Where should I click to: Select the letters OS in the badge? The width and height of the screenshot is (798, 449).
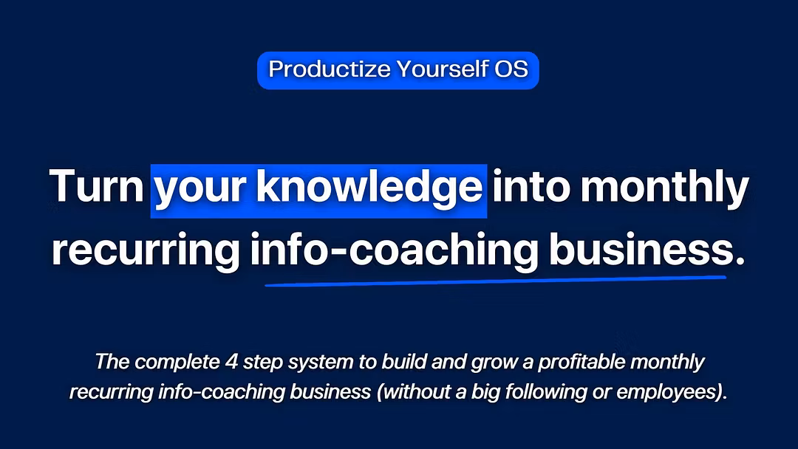pyautogui.click(x=511, y=69)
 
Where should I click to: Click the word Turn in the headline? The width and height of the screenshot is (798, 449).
pyautogui.click(x=97, y=186)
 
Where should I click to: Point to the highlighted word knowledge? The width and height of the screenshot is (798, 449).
pyautogui.click(x=369, y=188)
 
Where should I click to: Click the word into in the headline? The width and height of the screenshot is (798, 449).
pyautogui.click(x=531, y=186)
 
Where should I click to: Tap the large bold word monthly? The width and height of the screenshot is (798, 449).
pyautogui.click(x=665, y=188)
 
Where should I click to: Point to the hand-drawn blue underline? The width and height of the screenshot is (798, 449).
pyautogui.click(x=495, y=281)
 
